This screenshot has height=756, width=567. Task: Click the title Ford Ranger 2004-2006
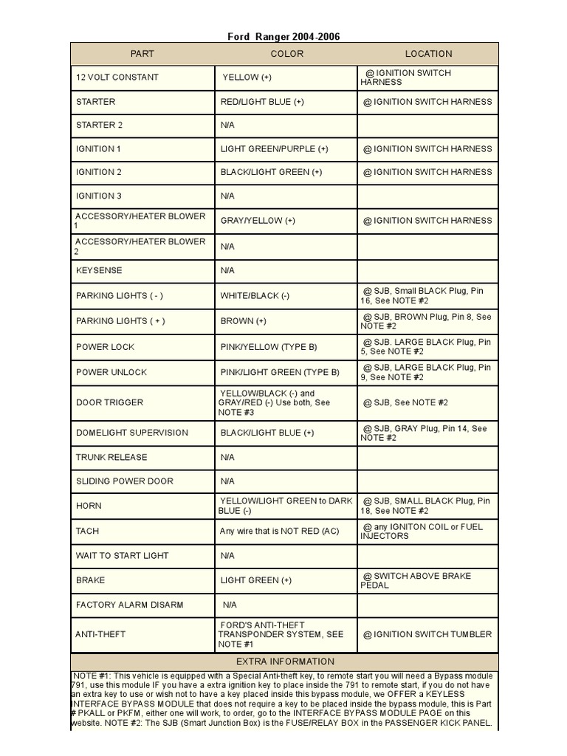tap(284, 37)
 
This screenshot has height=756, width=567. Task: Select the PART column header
tap(142, 54)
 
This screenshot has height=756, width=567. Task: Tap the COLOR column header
tap(286, 54)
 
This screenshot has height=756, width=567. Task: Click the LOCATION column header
tap(428, 54)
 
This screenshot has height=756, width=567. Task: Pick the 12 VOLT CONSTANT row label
tap(117, 78)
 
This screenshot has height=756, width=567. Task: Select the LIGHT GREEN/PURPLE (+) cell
tap(275, 149)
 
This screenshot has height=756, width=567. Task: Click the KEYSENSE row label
tap(99, 271)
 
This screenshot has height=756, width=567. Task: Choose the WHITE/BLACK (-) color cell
tap(255, 296)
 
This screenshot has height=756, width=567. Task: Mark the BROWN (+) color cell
tap(243, 321)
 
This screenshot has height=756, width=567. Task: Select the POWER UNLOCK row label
tap(111, 373)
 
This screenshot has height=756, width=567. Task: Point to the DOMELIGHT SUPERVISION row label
tap(132, 433)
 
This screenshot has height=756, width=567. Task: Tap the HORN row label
tap(89, 506)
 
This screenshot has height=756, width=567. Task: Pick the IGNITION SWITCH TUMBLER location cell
tap(427, 634)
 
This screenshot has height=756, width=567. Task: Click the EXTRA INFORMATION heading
tap(285, 661)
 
